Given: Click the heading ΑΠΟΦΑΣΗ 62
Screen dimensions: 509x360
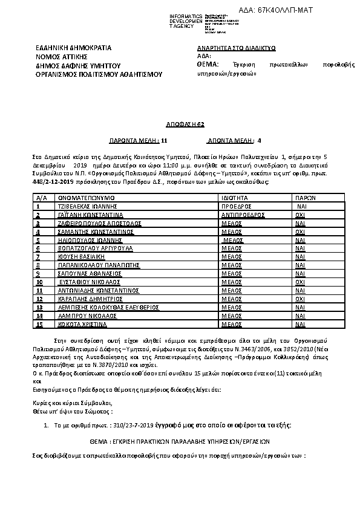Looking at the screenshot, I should pyautogui.click(x=179, y=123).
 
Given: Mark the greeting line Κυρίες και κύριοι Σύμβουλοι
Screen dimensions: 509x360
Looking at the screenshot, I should pyautogui.click(x=73, y=403).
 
